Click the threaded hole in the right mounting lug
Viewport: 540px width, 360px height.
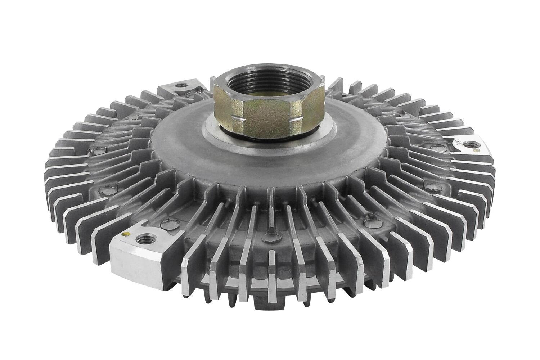tap(471, 144)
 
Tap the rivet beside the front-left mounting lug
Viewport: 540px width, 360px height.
tap(167, 225)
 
